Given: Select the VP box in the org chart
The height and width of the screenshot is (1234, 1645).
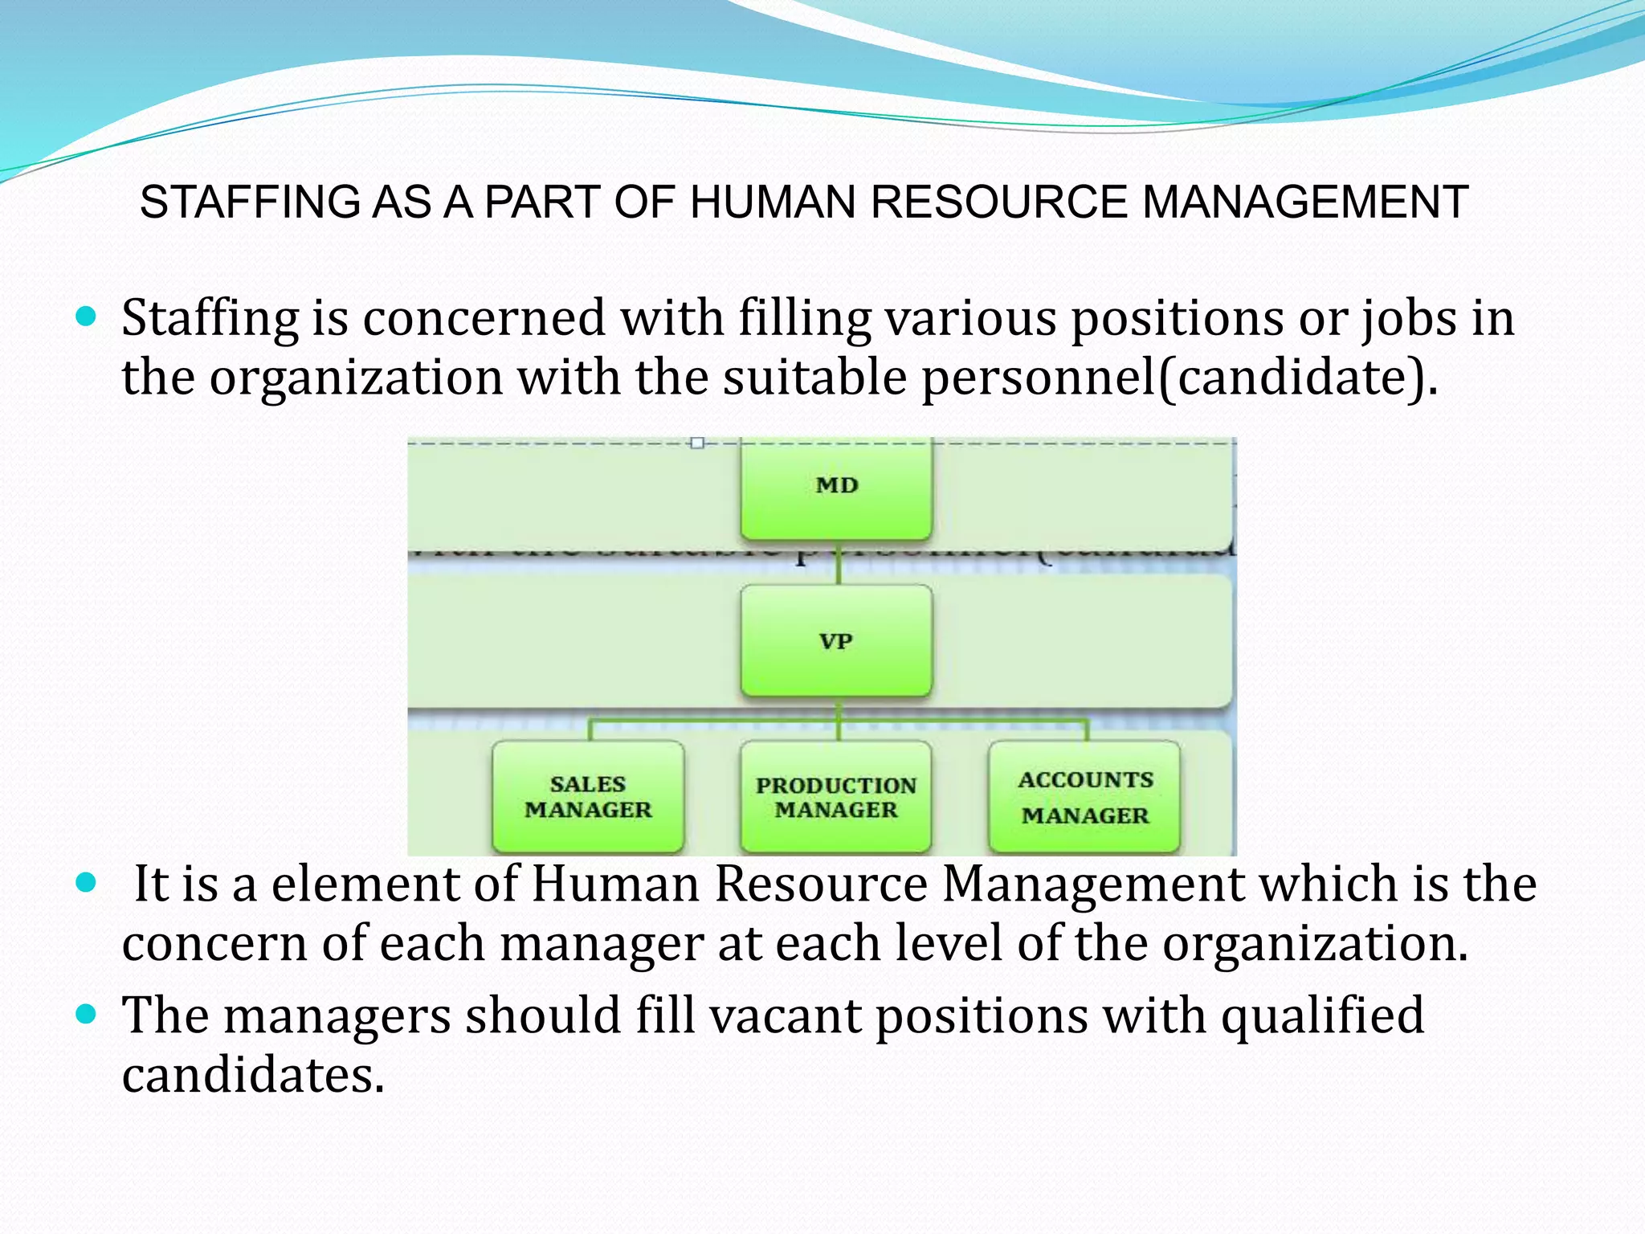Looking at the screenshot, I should (x=836, y=640).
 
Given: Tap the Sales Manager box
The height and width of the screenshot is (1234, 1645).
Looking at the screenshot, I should (x=588, y=796).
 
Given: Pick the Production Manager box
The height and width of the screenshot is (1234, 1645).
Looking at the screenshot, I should (x=836, y=796).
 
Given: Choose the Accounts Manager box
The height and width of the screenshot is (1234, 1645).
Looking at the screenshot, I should (x=1085, y=796).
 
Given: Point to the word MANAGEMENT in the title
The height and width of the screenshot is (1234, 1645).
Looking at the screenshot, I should (x=1305, y=202).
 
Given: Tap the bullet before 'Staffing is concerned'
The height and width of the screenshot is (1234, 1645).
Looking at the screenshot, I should (x=85, y=316).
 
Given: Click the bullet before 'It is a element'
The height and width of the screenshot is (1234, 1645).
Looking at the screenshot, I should (x=85, y=883).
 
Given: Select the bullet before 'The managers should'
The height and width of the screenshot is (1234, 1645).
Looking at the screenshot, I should (x=85, y=1014).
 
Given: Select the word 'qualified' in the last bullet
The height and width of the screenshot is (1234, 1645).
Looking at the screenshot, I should (x=1322, y=1015).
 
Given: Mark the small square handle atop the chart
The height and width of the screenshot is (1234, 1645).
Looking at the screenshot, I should (x=697, y=443).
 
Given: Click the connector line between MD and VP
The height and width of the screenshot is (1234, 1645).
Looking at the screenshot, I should (x=837, y=562).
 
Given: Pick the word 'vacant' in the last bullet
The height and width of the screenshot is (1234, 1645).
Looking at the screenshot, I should (x=785, y=1015).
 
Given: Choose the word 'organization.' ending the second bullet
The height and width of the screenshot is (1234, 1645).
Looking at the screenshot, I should (x=1316, y=943).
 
